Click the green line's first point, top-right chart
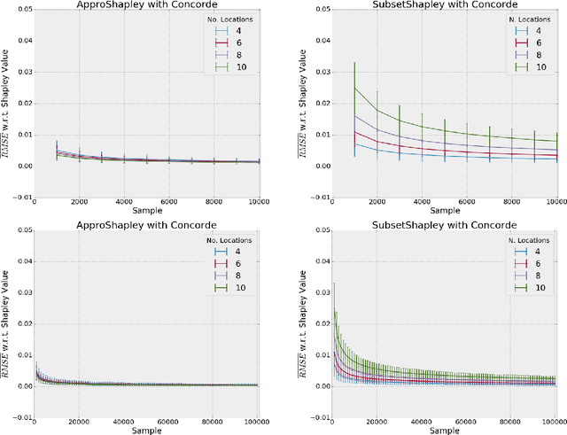click(330, 88)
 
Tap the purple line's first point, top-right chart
click(330, 115)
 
